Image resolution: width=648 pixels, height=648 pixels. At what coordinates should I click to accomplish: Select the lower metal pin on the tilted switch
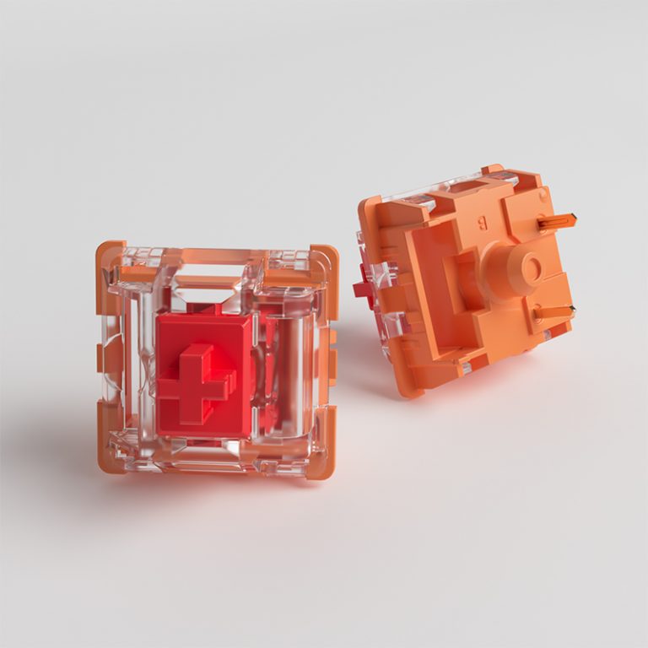[553, 313]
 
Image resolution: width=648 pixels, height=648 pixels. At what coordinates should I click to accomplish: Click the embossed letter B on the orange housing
[483, 224]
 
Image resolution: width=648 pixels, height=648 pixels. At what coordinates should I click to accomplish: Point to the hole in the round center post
[531, 269]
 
